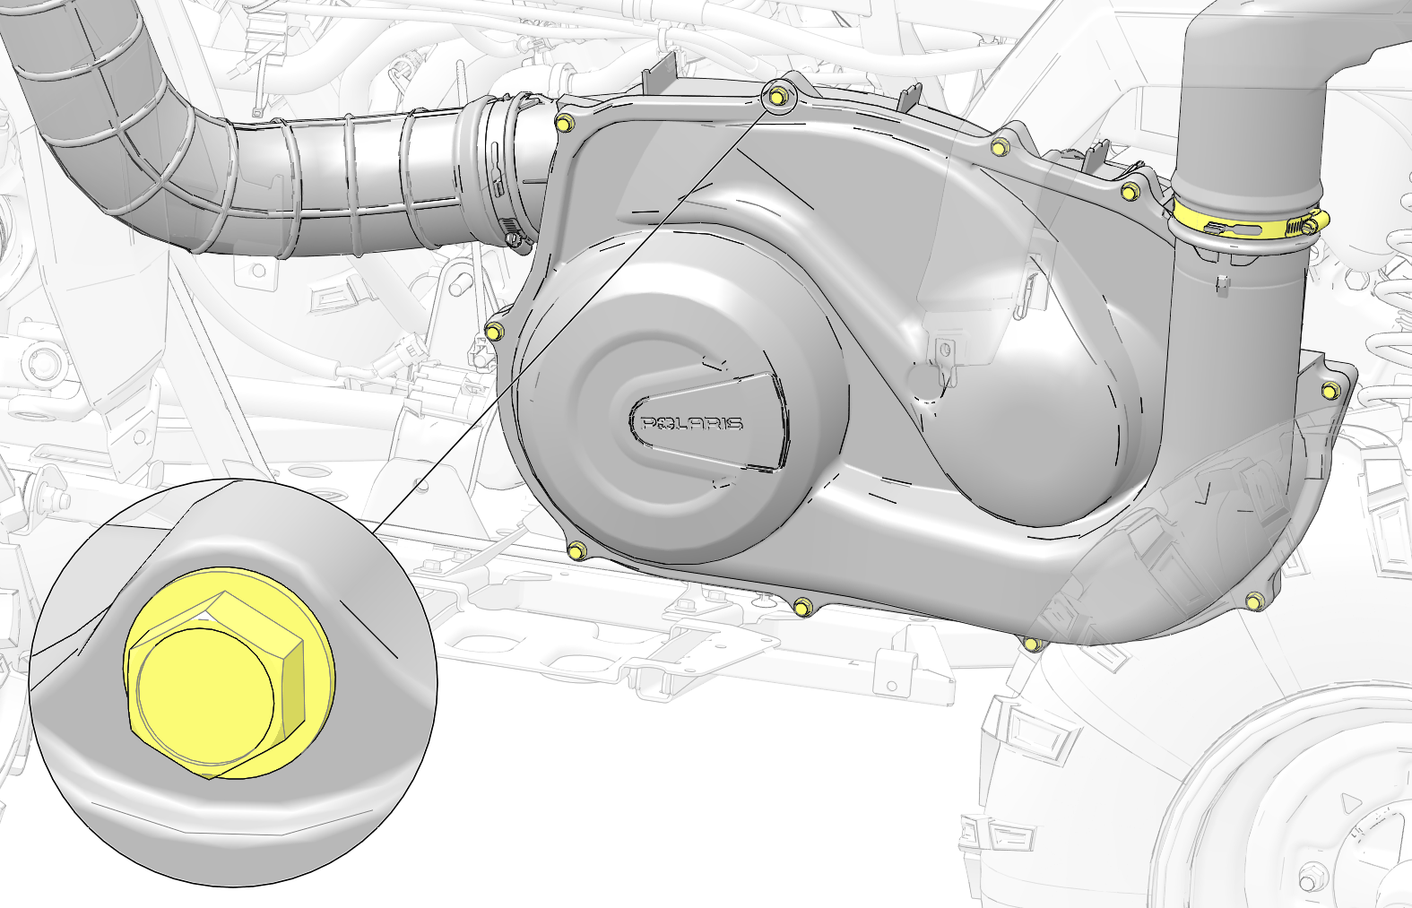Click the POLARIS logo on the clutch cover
[x=691, y=423]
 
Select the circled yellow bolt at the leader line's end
[x=778, y=97]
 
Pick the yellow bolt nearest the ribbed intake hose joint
[x=565, y=123]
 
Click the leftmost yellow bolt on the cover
[x=495, y=330]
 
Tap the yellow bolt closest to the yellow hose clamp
[x=1130, y=190]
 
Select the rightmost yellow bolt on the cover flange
[x=1330, y=391]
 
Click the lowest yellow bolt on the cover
[x=1033, y=644]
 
